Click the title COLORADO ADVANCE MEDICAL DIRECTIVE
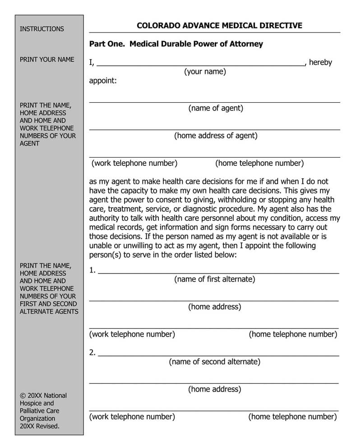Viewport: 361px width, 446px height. (x=219, y=26)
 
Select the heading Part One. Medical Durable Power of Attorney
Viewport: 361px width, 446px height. (x=176, y=44)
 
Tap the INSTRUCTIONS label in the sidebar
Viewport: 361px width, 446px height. (x=42, y=29)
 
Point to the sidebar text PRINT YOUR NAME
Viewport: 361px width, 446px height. (x=47, y=59)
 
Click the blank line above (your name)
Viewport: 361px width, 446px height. (x=201, y=65)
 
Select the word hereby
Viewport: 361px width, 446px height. (x=320, y=63)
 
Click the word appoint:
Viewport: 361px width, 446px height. (x=103, y=81)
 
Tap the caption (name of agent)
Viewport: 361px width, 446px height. (x=216, y=108)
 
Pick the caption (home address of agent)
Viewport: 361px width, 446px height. (x=216, y=136)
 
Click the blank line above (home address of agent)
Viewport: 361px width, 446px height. (x=215, y=129)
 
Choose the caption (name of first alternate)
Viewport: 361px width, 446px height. (x=214, y=279)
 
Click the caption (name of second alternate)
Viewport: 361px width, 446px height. (x=214, y=362)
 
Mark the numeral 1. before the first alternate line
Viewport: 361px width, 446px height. (x=93, y=270)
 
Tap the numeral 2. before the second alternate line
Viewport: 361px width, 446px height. (x=93, y=353)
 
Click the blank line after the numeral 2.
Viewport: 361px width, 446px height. (x=218, y=356)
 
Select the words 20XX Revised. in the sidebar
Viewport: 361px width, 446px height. (x=40, y=426)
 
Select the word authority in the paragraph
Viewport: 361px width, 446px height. (x=105, y=218)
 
